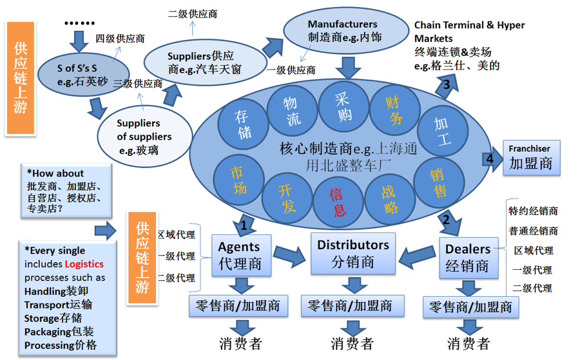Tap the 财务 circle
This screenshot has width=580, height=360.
click(x=394, y=110)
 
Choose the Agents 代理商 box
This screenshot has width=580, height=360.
click(x=241, y=256)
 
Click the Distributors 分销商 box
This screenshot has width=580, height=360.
click(x=353, y=253)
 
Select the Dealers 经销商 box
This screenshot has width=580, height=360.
click(x=468, y=257)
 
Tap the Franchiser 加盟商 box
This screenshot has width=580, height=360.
click(x=530, y=157)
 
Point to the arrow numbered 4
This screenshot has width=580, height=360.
click(x=492, y=158)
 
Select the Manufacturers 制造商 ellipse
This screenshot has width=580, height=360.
click(x=345, y=30)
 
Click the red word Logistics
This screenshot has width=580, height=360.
click(x=84, y=264)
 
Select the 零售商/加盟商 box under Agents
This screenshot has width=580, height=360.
click(x=238, y=305)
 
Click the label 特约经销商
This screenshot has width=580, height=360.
click(x=533, y=211)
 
